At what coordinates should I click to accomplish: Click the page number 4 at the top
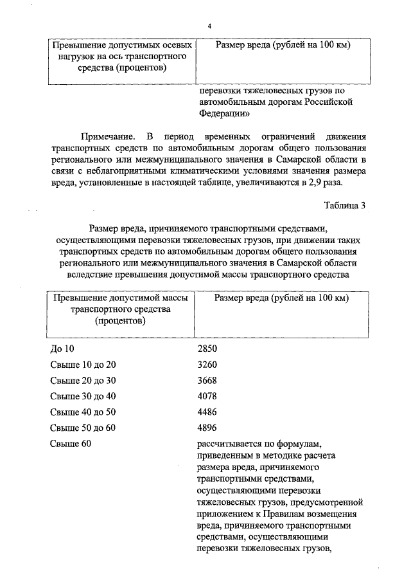[209, 25]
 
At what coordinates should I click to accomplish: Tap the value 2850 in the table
[208, 348]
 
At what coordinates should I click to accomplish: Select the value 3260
[208, 364]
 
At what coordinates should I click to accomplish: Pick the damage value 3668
[208, 379]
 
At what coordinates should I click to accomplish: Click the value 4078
[208, 396]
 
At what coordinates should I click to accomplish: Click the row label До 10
[62, 348]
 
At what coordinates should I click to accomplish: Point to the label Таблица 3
[345, 206]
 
